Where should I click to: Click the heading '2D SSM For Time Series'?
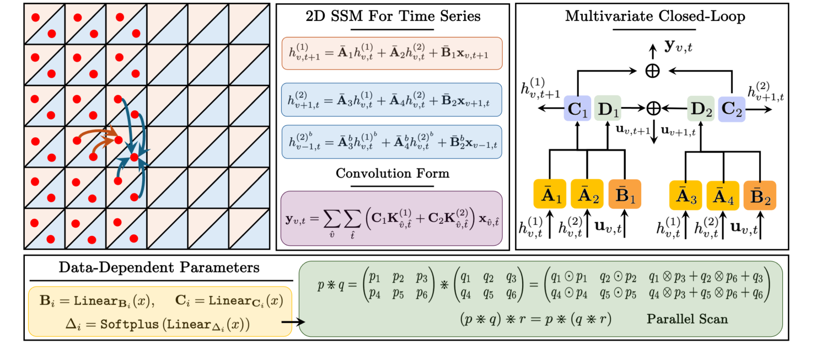click(393, 16)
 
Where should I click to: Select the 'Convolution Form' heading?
click(393, 173)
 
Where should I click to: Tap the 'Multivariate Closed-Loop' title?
click(655, 16)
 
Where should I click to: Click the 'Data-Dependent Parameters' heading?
click(159, 268)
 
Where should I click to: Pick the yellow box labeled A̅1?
click(550, 194)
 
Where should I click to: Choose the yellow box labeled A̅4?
click(722, 194)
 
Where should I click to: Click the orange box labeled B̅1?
click(624, 194)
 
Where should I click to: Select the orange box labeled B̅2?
click(760, 194)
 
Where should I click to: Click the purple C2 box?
click(731, 109)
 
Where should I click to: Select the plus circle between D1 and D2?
click(654, 108)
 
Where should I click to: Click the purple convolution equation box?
click(391, 219)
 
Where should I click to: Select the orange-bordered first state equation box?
click(391, 53)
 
